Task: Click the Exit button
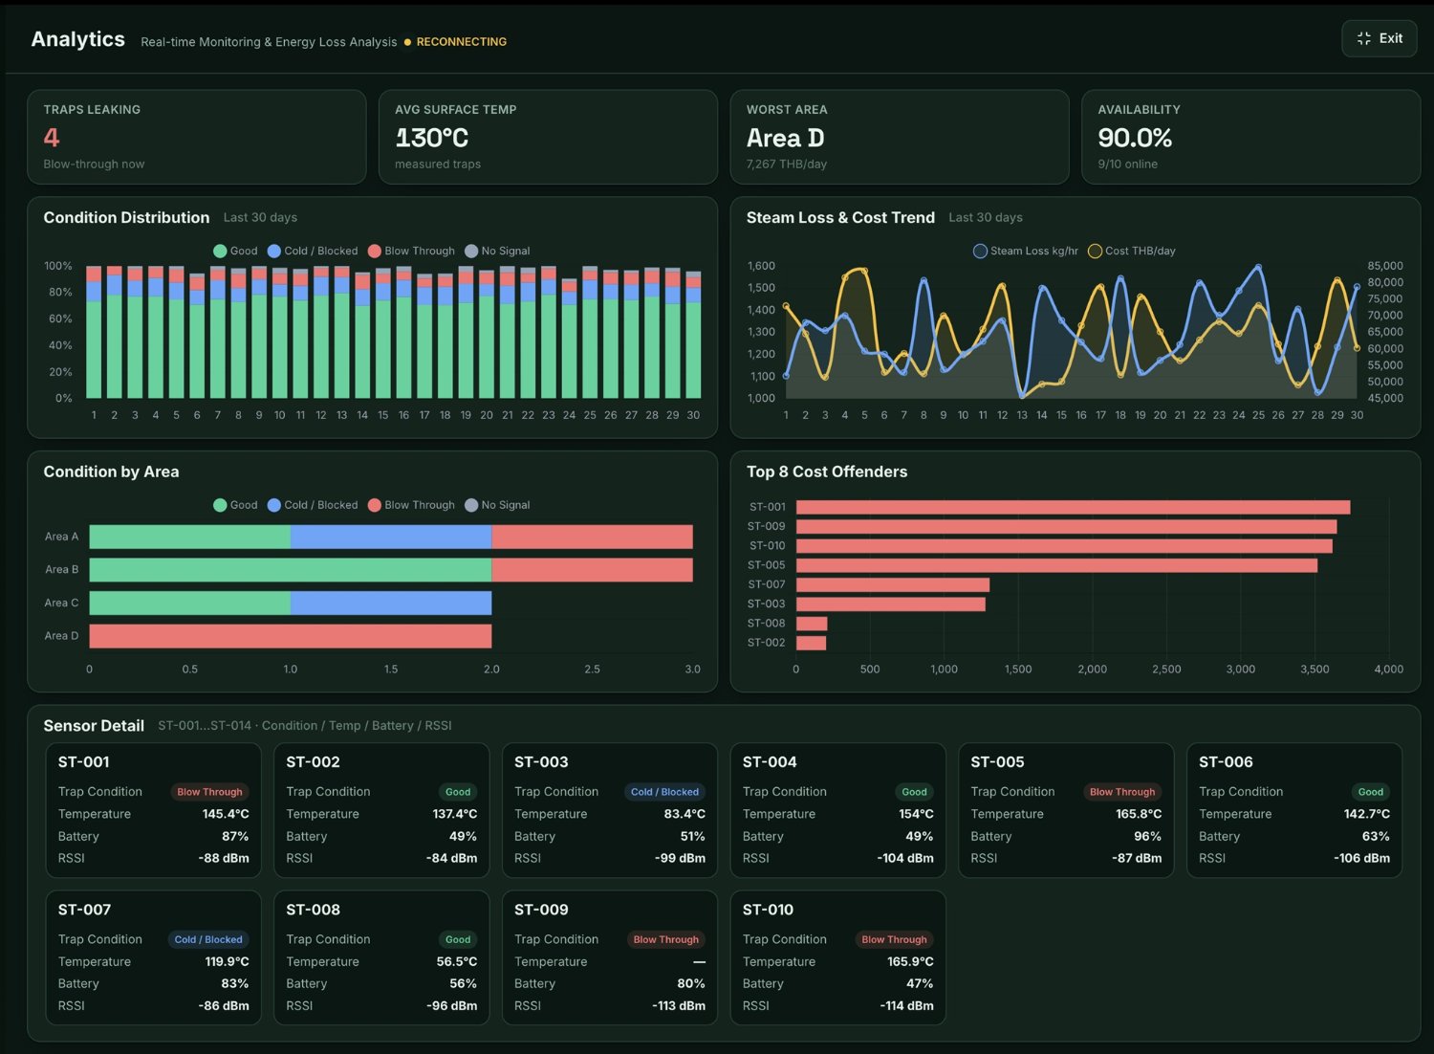[1379, 39]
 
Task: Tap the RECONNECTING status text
[462, 42]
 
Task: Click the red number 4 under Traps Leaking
[52, 138]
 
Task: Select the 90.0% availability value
[1135, 138]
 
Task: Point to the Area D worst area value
[785, 138]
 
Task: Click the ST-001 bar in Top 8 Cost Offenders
[1073, 507]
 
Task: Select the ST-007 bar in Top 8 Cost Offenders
[892, 584]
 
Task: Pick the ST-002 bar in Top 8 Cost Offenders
[811, 643]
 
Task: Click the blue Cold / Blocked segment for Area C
[391, 604]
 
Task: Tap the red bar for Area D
[291, 636]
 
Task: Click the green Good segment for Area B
[291, 570]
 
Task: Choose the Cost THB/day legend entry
[1132, 251]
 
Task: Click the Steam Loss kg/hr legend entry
[1026, 251]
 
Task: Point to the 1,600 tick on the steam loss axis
[761, 266]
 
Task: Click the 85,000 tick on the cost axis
[1385, 266]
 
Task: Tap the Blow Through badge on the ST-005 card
[1122, 792]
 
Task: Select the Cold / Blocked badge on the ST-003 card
[664, 792]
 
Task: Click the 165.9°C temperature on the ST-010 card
[910, 962]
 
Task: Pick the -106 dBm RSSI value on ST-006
[1361, 858]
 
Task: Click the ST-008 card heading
[313, 910]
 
